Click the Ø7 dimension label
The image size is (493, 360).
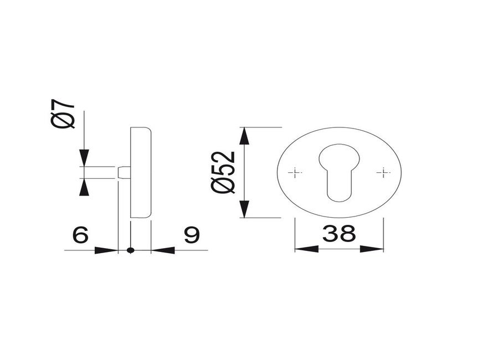coord(63,115)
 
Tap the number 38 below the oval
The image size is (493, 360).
coord(339,234)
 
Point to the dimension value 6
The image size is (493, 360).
coord(80,235)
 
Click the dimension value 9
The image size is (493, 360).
coord(192,235)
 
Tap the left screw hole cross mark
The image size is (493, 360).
coord(295,172)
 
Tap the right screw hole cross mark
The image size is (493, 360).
coord(383,172)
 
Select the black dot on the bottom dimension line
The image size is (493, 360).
coord(131,250)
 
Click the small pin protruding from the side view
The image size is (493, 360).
coord(124,173)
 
